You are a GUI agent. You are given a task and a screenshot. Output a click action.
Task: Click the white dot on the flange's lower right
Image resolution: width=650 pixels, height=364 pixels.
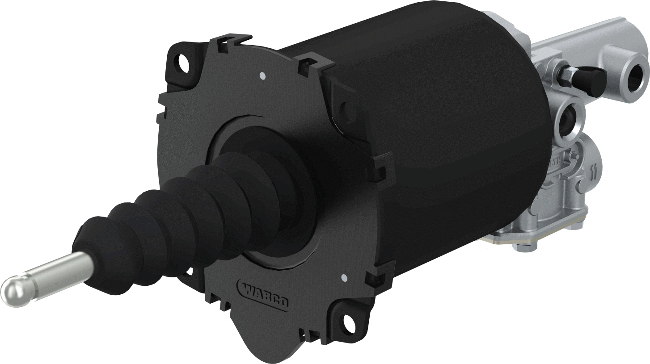pyautogui.click(x=343, y=278)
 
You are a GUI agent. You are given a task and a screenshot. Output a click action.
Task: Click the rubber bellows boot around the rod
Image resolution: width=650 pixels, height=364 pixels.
pyautogui.click(x=179, y=214)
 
